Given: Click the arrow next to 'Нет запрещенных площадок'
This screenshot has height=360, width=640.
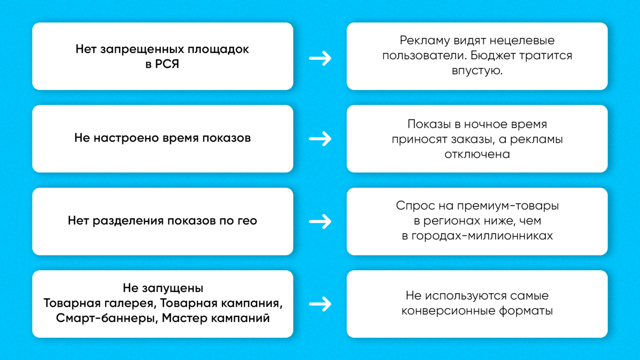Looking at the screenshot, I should coord(320,58).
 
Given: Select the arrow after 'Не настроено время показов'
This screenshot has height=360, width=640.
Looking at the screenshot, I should coord(320,139).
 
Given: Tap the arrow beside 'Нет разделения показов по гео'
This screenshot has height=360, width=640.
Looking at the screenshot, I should coord(320,222).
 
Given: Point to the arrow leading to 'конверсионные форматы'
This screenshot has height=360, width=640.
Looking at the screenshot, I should coord(320,304).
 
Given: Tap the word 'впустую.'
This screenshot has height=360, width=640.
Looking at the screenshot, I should coord(477,71).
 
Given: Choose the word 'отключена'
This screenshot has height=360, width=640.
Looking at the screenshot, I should coord(477,154).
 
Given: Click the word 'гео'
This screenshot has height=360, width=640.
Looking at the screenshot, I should coord(247,221).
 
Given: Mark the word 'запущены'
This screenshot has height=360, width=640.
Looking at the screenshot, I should coord(171,288).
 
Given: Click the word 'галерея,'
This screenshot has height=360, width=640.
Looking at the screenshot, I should coord(133,303).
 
